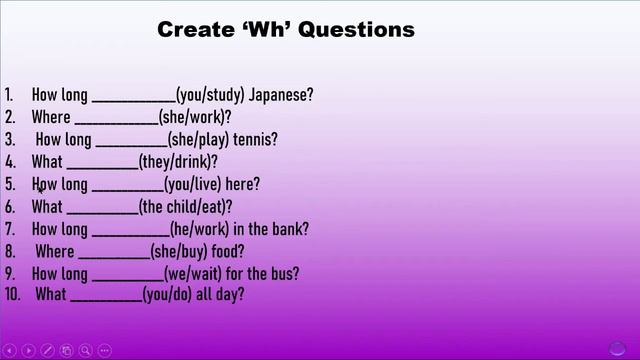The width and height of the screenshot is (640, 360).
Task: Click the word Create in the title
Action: point(194,30)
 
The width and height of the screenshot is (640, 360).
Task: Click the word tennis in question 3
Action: point(258,140)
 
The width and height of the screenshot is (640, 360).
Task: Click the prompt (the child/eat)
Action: point(185,207)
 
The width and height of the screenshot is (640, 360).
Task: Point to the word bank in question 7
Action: point(290,229)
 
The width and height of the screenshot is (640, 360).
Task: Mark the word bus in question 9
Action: point(284,273)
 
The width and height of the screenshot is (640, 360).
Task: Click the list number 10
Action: point(13,295)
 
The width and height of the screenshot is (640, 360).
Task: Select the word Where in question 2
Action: point(51,118)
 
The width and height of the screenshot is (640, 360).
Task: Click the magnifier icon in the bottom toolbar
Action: point(87,350)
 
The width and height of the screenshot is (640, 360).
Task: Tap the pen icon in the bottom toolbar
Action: point(47,350)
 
